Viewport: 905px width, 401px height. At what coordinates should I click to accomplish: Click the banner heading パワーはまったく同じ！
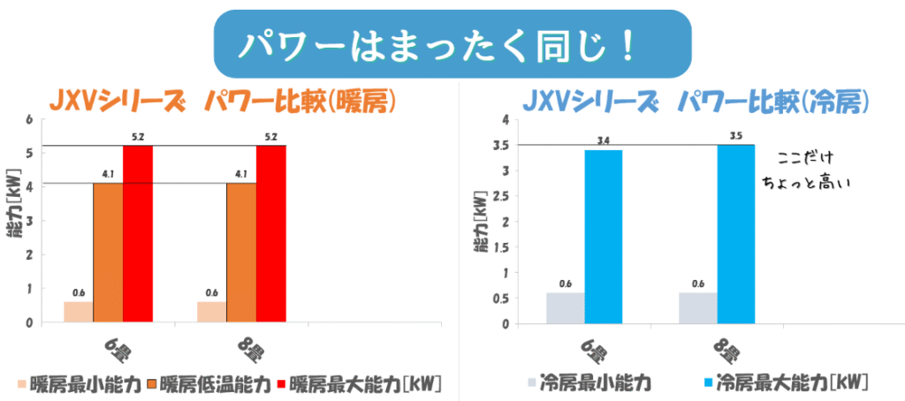(452, 45)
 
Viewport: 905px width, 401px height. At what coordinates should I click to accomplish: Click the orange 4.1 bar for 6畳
(108, 252)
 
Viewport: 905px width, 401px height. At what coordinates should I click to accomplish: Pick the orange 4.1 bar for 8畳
(240, 252)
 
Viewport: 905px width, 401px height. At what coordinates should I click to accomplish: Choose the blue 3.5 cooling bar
(735, 233)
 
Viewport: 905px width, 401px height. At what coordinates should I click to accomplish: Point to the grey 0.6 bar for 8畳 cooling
(698, 307)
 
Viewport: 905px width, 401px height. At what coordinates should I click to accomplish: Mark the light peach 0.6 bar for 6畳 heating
(79, 312)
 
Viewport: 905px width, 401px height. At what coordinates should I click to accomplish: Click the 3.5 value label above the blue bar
(735, 137)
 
